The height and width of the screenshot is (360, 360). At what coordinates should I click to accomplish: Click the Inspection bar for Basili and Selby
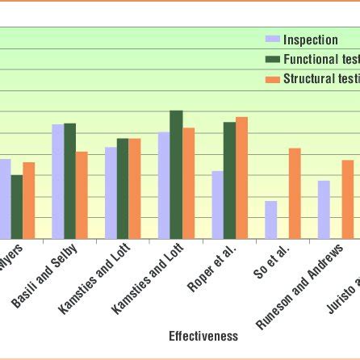pyautogui.click(x=58, y=182)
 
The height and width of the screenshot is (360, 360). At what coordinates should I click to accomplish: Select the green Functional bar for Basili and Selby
pyautogui.click(x=70, y=181)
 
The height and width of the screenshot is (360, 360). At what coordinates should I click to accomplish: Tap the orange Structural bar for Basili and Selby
pyautogui.click(x=82, y=195)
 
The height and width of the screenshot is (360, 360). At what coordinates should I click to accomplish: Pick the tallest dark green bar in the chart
pyautogui.click(x=176, y=174)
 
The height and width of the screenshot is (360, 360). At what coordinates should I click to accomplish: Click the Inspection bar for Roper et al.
pyautogui.click(x=218, y=204)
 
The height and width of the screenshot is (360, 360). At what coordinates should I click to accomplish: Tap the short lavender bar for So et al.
pyautogui.click(x=271, y=220)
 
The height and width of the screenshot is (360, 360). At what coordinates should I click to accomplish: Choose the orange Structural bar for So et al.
pyautogui.click(x=295, y=193)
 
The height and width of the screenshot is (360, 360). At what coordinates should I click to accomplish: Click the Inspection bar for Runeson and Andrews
pyautogui.click(x=324, y=209)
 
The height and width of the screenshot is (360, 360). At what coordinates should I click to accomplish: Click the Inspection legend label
pyautogui.click(x=310, y=40)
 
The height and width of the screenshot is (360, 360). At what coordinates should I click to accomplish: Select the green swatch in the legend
pyautogui.click(x=273, y=60)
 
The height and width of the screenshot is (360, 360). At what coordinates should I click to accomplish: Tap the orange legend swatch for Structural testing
pyautogui.click(x=273, y=79)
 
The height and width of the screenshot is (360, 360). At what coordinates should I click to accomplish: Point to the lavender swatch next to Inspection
pyautogui.click(x=273, y=40)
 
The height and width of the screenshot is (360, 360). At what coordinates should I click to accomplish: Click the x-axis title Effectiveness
pyautogui.click(x=203, y=336)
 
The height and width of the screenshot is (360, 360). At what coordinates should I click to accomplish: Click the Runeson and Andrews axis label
pyautogui.click(x=300, y=287)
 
